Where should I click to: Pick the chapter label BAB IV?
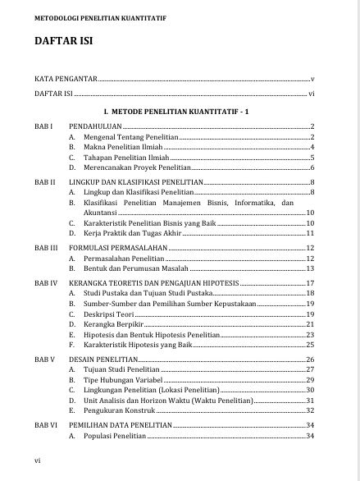tap(46, 282)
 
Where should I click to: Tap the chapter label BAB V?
tap(45, 360)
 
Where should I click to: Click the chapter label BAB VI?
tap(46, 424)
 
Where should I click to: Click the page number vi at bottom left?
tap(38, 461)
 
